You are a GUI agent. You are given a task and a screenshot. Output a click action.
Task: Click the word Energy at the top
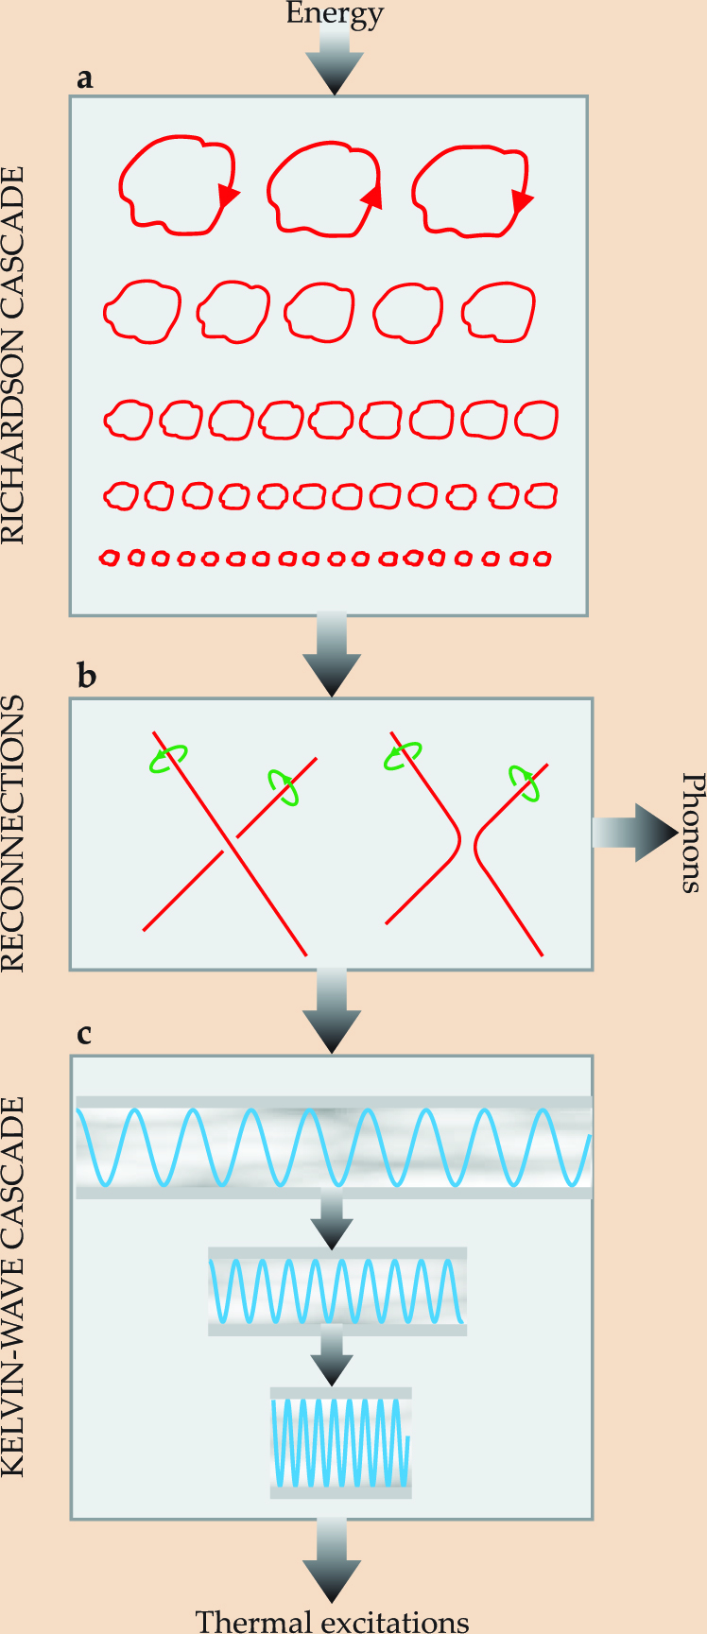pos(335,13)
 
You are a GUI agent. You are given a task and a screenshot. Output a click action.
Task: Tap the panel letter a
pos(85,78)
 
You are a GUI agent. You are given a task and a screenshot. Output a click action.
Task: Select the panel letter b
pos(86,677)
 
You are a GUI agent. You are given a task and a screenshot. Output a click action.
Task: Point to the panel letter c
pos(84,1034)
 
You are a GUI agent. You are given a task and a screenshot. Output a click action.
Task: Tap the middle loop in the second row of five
pos(319,311)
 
